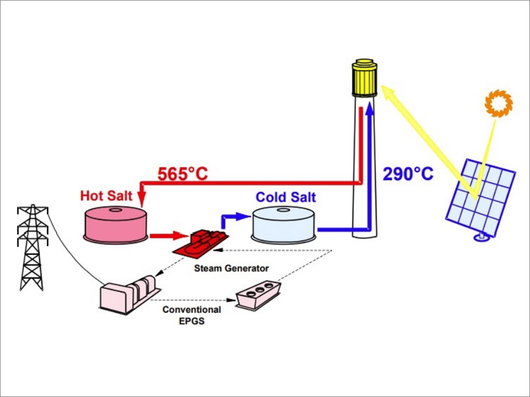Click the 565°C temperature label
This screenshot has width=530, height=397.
182,174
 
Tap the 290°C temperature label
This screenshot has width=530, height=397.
408,174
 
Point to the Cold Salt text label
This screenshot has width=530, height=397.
286,198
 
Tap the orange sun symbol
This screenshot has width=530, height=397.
498,103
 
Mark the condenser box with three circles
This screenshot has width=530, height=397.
259,294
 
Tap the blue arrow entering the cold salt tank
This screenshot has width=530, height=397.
242,216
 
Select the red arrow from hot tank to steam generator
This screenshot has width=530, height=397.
169,234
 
